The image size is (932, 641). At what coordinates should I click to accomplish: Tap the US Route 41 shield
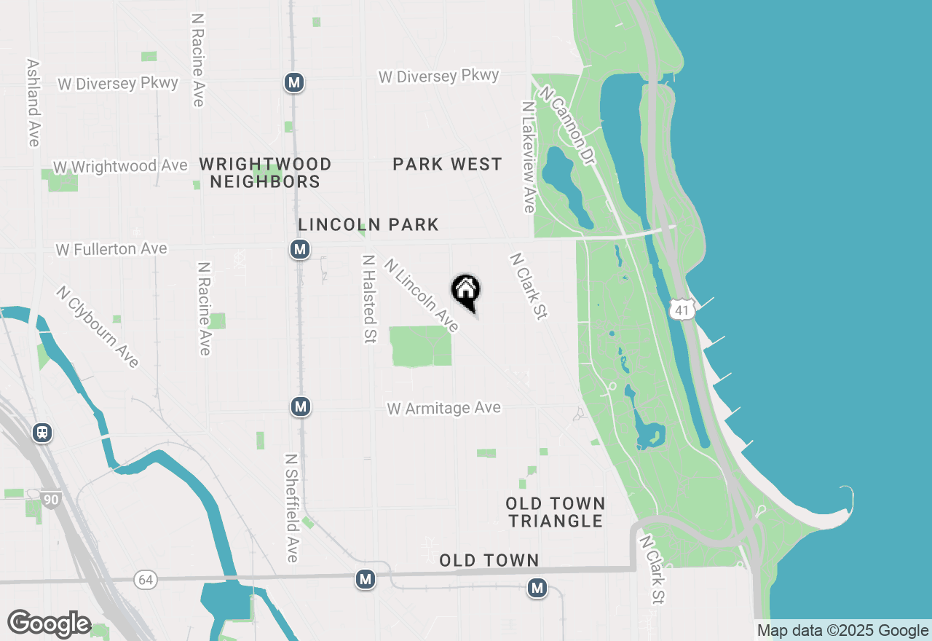point(681,310)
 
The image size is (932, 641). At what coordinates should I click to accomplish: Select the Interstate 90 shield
point(51,500)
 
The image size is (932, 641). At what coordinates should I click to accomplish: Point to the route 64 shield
point(146,580)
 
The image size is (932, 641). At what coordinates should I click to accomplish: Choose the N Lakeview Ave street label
point(528,157)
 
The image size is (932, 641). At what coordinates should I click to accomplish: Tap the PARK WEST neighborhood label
point(447,165)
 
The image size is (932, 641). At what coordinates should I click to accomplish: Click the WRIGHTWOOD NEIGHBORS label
point(265,173)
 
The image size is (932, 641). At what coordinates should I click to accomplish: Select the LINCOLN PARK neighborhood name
point(368,224)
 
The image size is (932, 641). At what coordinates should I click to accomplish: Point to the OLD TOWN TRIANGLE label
point(556,512)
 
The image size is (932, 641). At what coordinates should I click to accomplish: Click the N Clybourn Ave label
point(98,326)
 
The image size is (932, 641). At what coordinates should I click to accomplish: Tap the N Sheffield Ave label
point(291,508)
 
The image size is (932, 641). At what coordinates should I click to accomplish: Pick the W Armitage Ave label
point(444,408)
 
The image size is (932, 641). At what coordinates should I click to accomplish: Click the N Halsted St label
point(369,299)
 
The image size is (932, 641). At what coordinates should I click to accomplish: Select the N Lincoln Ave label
point(422,296)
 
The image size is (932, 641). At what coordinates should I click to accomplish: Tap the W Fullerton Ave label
point(111,249)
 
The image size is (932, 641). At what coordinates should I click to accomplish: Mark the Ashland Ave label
point(33,103)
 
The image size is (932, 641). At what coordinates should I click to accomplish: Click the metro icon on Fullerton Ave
point(299,250)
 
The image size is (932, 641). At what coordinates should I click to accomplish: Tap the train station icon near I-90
point(43,433)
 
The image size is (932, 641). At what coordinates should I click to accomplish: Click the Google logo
point(49,624)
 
